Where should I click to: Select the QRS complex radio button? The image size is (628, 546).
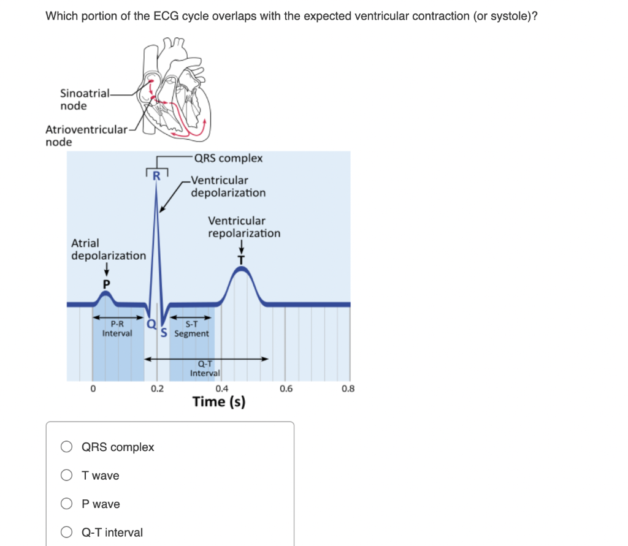click(x=67, y=447)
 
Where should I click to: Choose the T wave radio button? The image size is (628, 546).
click(x=67, y=476)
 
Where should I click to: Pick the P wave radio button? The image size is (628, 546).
click(x=67, y=504)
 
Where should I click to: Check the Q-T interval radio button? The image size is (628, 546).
click(x=67, y=533)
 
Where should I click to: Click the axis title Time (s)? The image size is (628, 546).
click(x=219, y=402)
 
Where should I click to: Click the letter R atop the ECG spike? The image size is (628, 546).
click(x=156, y=176)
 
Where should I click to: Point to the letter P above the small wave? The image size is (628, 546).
click(x=106, y=284)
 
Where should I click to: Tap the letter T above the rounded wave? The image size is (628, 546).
click(x=242, y=260)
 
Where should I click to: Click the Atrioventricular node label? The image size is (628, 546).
click(x=86, y=135)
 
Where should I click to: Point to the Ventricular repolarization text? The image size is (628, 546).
click(x=243, y=227)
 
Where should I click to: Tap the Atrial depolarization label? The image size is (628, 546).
click(x=109, y=249)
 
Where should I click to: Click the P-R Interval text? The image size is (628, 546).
click(x=117, y=328)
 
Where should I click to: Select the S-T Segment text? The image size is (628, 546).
click(x=191, y=329)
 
